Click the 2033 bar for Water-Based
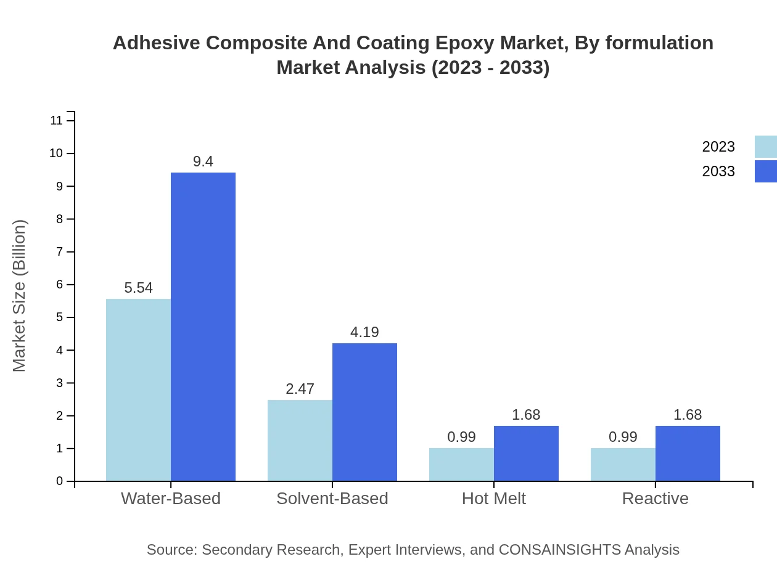pyautogui.click(x=203, y=327)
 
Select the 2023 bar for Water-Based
pyautogui.click(x=138, y=390)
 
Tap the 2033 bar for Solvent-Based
pyautogui.click(x=364, y=412)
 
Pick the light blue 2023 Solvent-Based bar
pyautogui.click(x=300, y=440)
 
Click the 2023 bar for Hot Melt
pyautogui.click(x=461, y=464)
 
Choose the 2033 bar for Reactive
pyautogui.click(x=688, y=453)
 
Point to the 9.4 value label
pyautogui.click(x=203, y=161)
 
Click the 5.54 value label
pyautogui.click(x=138, y=288)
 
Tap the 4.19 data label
pyautogui.click(x=364, y=332)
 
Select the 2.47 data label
pyautogui.click(x=300, y=389)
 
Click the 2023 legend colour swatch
pyautogui.click(x=765, y=147)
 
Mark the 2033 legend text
pyautogui.click(x=718, y=171)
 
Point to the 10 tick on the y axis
pyautogui.click(x=56, y=153)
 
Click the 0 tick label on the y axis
pyautogui.click(x=60, y=481)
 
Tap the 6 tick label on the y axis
pyautogui.click(x=60, y=285)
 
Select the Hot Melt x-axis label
pyautogui.click(x=493, y=498)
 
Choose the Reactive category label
pyautogui.click(x=655, y=498)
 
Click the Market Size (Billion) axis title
pyautogui.click(x=20, y=296)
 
